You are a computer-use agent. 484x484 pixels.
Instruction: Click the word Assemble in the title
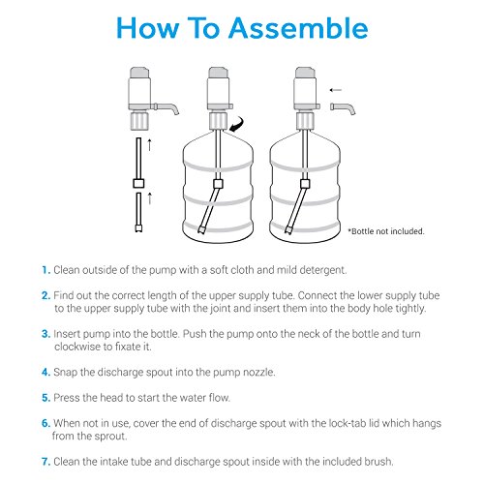(x=298, y=28)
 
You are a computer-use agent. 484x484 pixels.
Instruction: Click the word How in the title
(x=147, y=28)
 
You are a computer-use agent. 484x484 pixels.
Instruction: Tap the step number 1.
(x=45, y=270)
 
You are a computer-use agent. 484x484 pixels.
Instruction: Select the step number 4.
(x=45, y=372)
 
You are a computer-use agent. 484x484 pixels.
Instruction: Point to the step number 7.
(x=45, y=462)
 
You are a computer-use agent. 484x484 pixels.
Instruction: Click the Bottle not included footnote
(x=386, y=231)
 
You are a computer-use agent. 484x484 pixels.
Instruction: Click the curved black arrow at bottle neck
(x=236, y=125)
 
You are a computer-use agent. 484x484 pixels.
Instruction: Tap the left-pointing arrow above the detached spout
(x=336, y=90)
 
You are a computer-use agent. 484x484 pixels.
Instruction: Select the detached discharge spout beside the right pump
(x=343, y=107)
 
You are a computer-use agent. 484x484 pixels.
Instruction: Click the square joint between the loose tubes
(x=138, y=183)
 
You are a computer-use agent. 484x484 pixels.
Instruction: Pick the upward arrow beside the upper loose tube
(x=149, y=145)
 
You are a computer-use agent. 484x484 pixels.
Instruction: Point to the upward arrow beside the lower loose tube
(x=149, y=198)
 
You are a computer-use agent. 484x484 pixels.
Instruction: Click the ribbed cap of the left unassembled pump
(x=139, y=120)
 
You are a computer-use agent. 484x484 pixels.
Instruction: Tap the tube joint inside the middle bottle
(x=218, y=184)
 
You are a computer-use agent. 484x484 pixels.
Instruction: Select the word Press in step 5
(x=66, y=398)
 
